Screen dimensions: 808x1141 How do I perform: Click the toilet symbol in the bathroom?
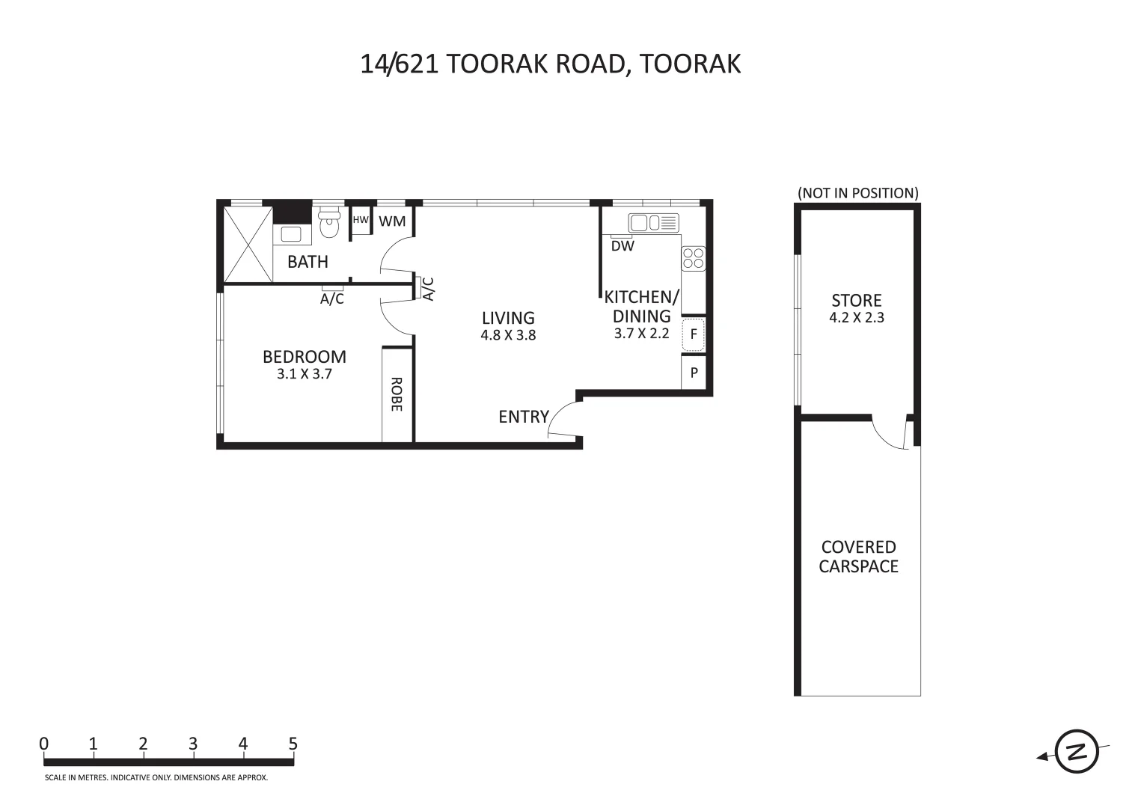pos(328,224)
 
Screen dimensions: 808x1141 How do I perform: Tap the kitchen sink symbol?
pos(653,223)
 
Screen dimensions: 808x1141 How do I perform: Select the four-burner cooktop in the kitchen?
pos(693,258)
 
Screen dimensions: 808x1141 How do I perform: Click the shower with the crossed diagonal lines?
pos(248,244)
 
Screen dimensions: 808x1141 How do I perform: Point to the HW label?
pos(361,220)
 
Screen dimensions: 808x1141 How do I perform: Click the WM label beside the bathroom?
pos(392,221)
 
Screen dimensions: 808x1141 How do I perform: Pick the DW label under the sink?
pos(622,246)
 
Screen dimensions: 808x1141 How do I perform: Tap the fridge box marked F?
pos(694,334)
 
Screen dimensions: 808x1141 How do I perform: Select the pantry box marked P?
pos(694,373)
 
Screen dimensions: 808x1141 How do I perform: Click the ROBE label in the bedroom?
pos(397,394)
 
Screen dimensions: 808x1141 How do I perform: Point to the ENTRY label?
pos(524,417)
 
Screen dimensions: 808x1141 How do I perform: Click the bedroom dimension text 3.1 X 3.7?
pos(304,374)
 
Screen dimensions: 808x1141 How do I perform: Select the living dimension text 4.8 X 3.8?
pos(508,335)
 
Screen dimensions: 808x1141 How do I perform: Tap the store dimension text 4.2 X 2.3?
pos(857,317)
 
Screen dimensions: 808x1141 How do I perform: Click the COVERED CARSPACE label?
pos(858,557)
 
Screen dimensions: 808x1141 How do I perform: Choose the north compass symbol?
pos(1076,751)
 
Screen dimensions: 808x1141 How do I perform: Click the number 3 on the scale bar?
pos(193,744)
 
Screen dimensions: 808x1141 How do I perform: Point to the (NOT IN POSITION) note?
pos(857,193)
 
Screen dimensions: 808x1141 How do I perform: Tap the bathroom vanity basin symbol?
pos(292,233)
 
